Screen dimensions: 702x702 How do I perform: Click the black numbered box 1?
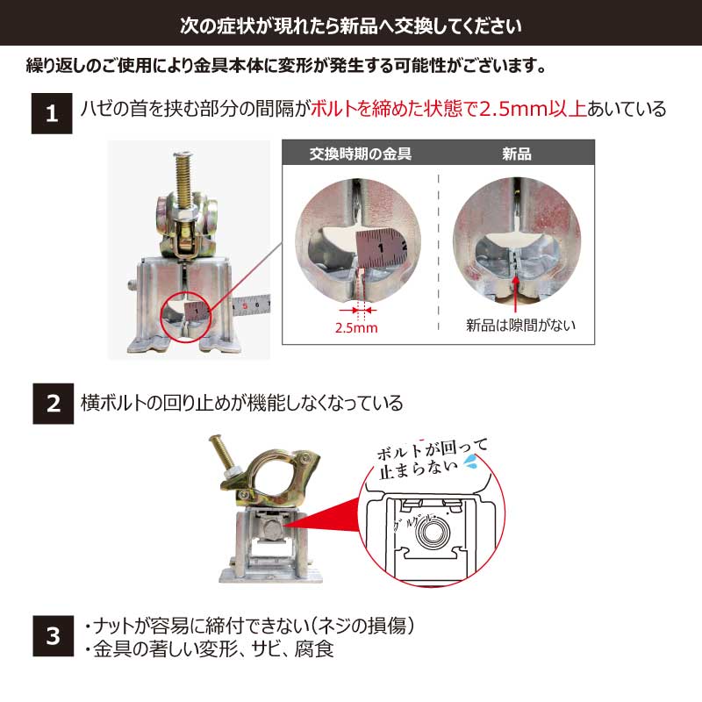tap(52, 113)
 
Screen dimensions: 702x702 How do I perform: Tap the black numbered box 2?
tap(53, 404)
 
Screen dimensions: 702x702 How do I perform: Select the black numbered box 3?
tap(53, 635)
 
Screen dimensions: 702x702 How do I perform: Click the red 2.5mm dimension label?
tap(356, 327)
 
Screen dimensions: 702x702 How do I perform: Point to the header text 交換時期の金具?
tap(361, 154)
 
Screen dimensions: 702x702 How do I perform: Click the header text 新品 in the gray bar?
tap(517, 154)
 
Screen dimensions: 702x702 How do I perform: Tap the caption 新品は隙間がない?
tap(520, 325)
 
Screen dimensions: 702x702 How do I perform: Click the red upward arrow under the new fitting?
tap(515, 293)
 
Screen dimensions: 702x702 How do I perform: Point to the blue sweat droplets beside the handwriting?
tap(470, 462)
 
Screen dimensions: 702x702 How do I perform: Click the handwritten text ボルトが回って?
tap(432, 449)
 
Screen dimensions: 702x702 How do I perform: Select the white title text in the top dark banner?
tap(350, 25)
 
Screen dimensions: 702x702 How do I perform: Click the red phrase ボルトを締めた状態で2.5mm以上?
tap(448, 109)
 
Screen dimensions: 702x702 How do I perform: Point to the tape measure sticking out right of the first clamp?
tap(251, 305)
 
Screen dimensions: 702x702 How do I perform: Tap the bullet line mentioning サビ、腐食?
tap(209, 649)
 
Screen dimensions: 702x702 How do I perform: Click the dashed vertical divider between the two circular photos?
tap(438, 252)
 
